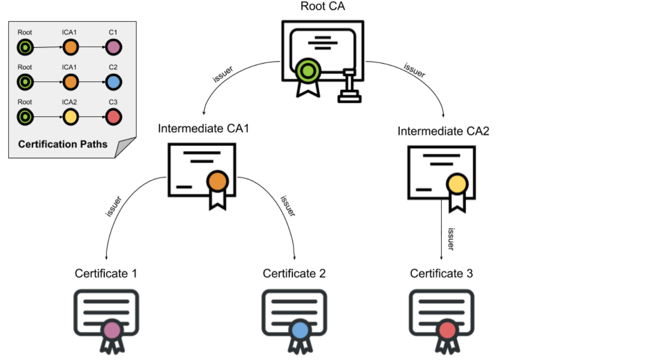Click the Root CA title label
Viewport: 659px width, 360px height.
coord(323,7)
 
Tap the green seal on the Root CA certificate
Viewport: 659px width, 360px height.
coord(307,71)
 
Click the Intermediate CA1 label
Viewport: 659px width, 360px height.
coord(204,129)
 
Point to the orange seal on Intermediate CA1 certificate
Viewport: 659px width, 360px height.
coord(217,182)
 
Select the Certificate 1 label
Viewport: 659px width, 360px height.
coord(106,273)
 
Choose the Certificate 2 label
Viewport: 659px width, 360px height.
coord(294,273)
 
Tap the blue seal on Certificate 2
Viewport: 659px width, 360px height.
coord(300,330)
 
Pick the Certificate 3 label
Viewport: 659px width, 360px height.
coord(442,273)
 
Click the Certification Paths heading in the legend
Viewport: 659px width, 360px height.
coord(63,144)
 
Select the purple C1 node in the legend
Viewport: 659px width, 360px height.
coord(113,47)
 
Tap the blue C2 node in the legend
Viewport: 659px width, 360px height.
coord(113,82)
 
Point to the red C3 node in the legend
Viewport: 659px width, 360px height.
coord(113,117)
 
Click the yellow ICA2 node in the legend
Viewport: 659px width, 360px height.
coord(70,117)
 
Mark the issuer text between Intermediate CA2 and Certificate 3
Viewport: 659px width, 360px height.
coord(450,239)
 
